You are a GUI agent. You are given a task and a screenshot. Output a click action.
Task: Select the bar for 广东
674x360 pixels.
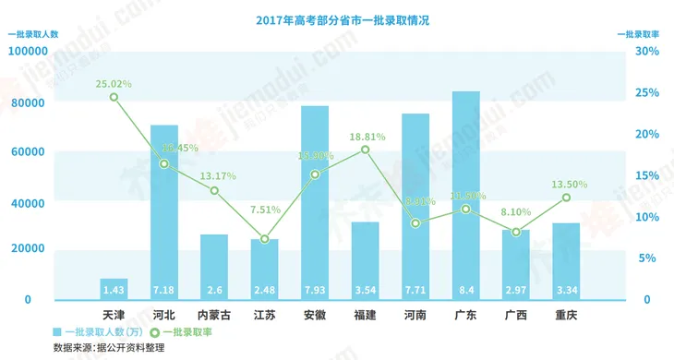click(x=465, y=194)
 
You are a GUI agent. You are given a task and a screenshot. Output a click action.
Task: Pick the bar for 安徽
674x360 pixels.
click(x=315, y=203)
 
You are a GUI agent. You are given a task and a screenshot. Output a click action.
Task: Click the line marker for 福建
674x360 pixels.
click(x=365, y=150)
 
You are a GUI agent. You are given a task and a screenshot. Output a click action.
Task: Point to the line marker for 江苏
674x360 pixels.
click(x=265, y=239)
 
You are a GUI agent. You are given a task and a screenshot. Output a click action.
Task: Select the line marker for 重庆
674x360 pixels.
click(x=565, y=198)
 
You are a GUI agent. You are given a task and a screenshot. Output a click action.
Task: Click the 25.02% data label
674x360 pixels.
click(x=114, y=83)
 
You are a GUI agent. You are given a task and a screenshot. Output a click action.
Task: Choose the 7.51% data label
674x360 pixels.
click(x=264, y=209)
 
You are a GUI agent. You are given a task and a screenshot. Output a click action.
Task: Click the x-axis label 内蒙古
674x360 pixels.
click(x=214, y=315)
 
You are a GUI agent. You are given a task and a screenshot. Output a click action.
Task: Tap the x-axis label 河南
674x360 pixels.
click(x=415, y=315)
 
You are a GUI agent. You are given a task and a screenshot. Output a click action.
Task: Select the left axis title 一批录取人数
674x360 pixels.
click(x=33, y=34)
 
